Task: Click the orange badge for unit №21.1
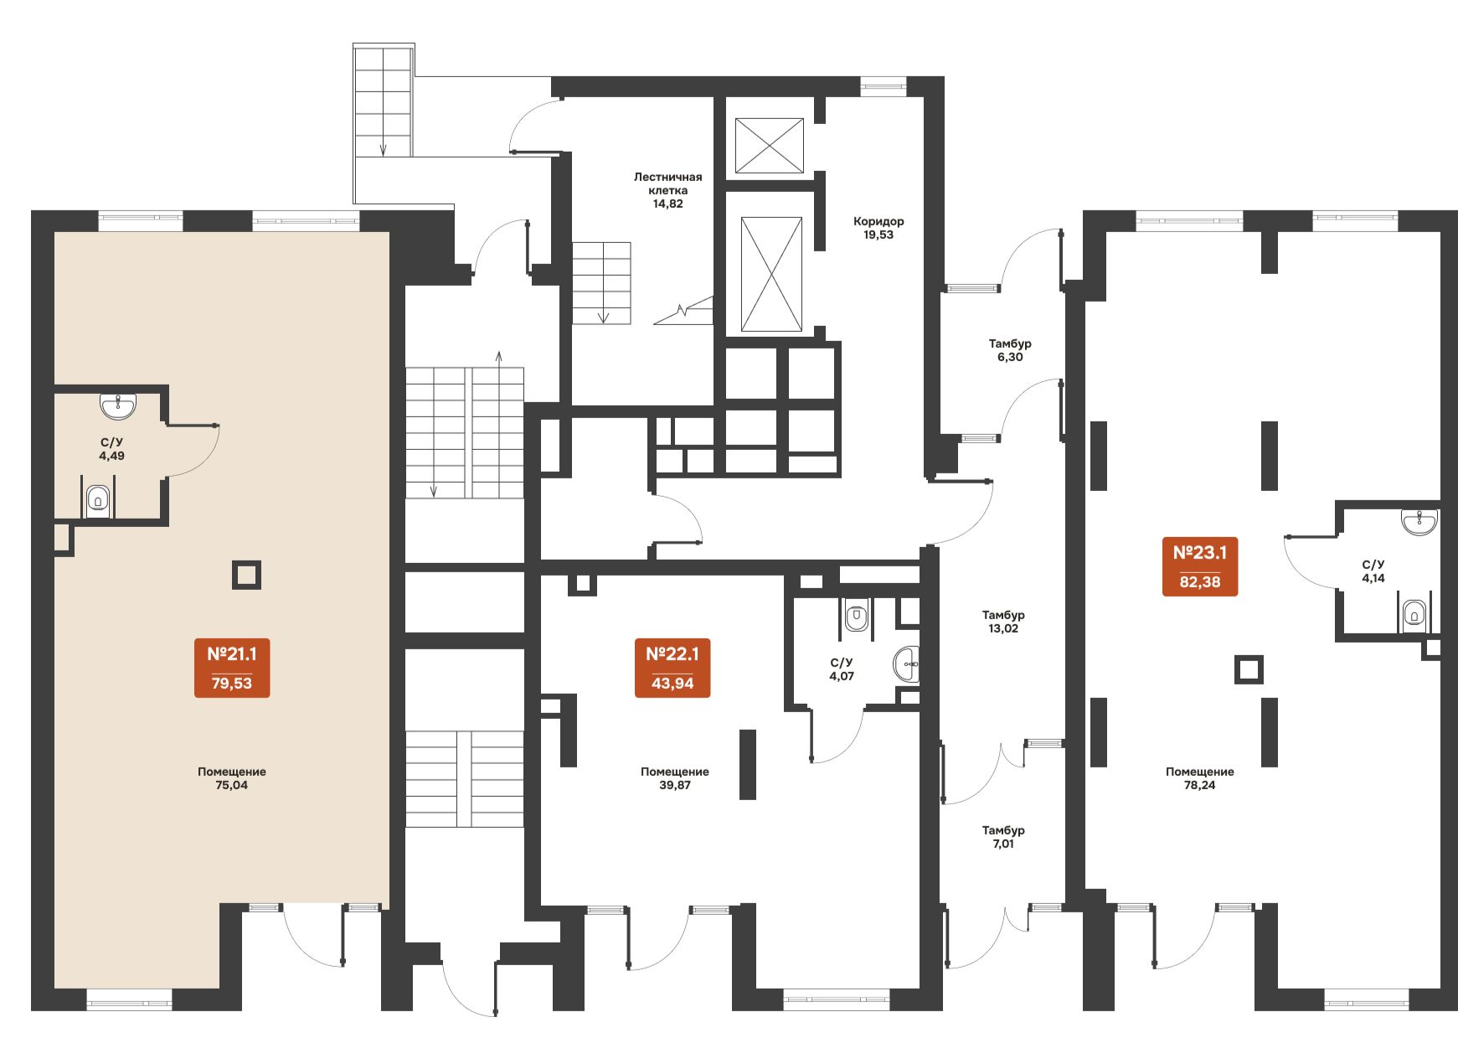pos(232,668)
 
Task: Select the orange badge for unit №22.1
pos(672,668)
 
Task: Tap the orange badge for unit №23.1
pos(1200,566)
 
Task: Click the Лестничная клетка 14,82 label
pos(668,190)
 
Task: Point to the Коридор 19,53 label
pos(878,228)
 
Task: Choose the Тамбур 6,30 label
pos(1010,350)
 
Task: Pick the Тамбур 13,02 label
pos(1003,622)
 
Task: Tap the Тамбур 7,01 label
pos(1003,837)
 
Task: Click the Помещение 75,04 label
pos(232,778)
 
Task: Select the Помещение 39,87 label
pos(675,778)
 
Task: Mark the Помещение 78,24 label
pos(1200,778)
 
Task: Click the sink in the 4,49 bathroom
pos(118,406)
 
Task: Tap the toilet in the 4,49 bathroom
pos(99,501)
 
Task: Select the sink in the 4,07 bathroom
pos(907,664)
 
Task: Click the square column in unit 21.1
pos(246,575)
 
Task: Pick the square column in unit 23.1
pos(1249,669)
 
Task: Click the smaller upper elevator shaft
pos(770,146)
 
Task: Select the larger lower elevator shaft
pos(772,275)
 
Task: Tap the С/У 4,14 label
pos(1373,571)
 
